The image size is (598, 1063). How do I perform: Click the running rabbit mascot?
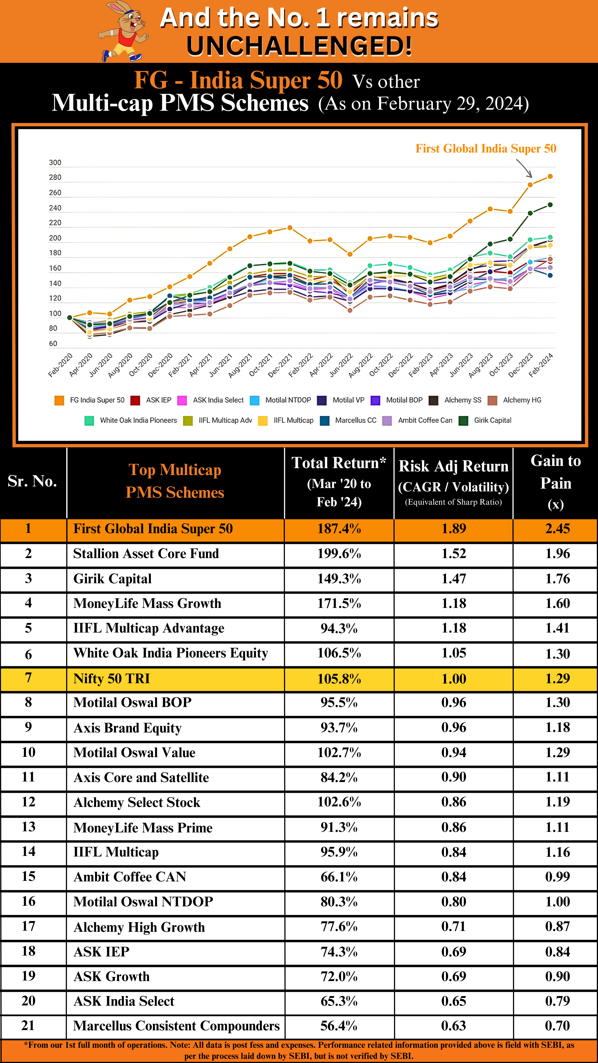124,31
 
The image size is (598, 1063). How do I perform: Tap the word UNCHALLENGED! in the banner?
299,46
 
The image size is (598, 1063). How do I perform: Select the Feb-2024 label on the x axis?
541,365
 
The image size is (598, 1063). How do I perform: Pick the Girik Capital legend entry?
492,420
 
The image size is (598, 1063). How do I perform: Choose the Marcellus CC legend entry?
355,420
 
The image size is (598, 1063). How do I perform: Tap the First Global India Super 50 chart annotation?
486,149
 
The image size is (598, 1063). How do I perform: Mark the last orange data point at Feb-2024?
550,177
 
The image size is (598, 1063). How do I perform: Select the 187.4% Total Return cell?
339,529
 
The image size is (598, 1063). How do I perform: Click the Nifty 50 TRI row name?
111,679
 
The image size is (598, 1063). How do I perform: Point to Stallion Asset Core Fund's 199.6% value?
339,554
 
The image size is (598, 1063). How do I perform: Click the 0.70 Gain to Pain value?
557,1026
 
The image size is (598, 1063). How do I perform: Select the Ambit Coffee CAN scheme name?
130,877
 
